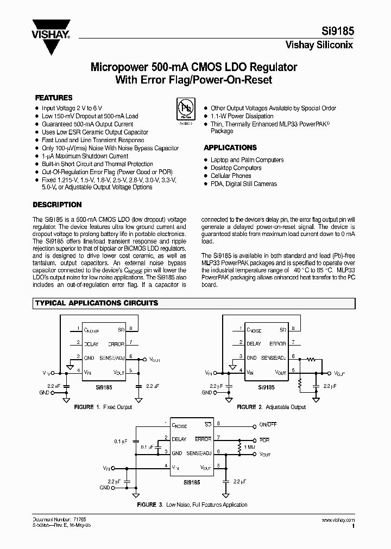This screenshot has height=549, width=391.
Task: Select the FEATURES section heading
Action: [x=54, y=98]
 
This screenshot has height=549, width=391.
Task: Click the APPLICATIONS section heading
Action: [x=230, y=148]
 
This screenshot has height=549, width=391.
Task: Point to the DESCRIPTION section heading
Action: [x=58, y=205]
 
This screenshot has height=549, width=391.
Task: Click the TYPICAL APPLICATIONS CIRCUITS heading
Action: [x=97, y=303]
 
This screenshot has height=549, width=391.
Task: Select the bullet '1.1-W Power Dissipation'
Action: [x=242, y=116]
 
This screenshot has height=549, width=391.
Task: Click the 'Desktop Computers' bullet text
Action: [x=236, y=168]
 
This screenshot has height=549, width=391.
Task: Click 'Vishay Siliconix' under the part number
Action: [x=319, y=45]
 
